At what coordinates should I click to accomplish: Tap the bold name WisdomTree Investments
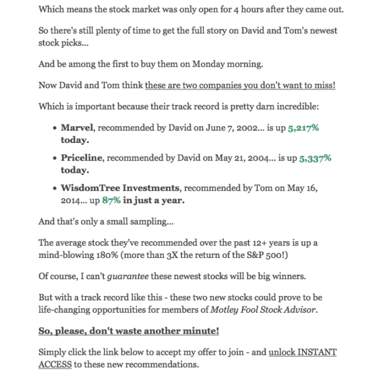click(x=121, y=188)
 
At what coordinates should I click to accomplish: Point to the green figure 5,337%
click(x=315, y=158)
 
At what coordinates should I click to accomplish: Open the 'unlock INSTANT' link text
click(x=303, y=352)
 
